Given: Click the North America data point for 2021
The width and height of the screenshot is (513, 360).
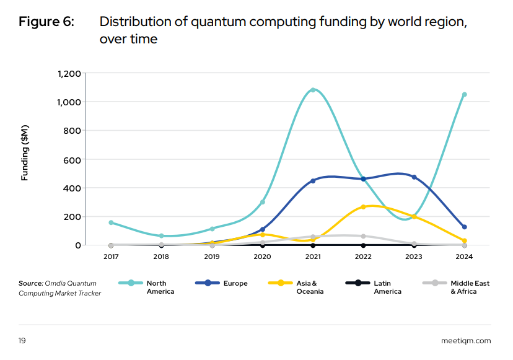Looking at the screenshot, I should [x=313, y=90].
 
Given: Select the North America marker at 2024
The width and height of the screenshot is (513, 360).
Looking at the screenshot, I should [x=465, y=95].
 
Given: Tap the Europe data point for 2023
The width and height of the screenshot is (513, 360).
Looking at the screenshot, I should [x=414, y=177].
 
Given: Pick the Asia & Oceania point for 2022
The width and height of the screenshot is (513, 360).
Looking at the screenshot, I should [x=364, y=207].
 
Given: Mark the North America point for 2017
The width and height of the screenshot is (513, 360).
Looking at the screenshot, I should [x=111, y=222].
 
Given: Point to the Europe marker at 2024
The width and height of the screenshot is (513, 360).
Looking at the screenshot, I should [x=465, y=227].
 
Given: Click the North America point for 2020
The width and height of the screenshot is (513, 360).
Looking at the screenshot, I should [x=263, y=202].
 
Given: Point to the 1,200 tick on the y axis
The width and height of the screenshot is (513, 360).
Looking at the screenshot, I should [x=69, y=73].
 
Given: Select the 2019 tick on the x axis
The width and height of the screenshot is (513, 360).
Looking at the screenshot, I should [x=212, y=255].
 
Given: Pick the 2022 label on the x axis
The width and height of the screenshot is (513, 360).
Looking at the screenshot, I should [x=364, y=255].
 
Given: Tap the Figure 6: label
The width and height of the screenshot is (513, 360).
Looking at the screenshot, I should [x=46, y=22].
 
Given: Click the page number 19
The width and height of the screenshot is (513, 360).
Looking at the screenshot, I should [x=22, y=340].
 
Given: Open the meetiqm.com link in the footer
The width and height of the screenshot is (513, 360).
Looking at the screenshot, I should [x=466, y=340].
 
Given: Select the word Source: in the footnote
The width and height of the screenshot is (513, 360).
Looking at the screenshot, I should [x=30, y=283].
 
